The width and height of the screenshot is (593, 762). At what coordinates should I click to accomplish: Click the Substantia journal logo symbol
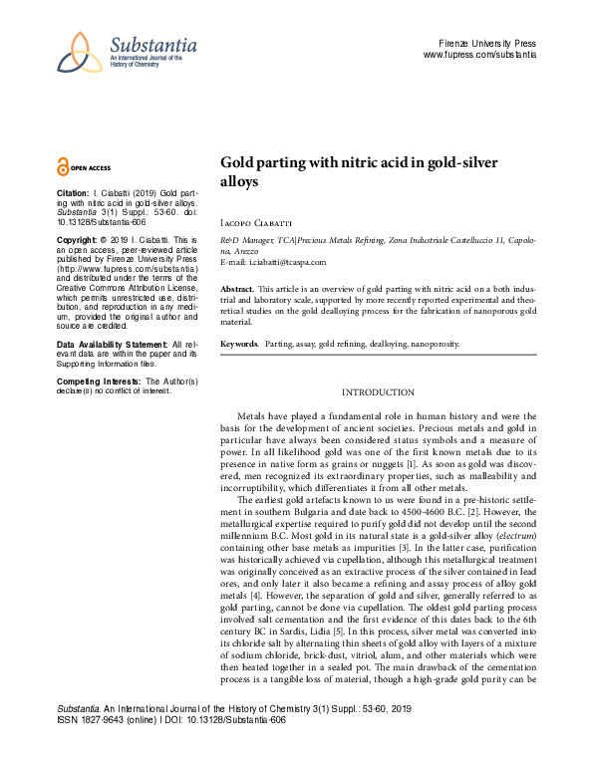79,53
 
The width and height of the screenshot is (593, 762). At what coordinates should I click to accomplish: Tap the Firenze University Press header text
487,44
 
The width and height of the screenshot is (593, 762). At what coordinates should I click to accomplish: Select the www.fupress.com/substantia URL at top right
479,56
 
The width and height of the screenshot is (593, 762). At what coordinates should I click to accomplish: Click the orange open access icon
64,167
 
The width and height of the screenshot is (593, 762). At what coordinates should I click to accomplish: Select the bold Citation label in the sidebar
73,191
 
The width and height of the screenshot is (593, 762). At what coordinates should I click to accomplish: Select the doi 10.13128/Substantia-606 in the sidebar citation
105,224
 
